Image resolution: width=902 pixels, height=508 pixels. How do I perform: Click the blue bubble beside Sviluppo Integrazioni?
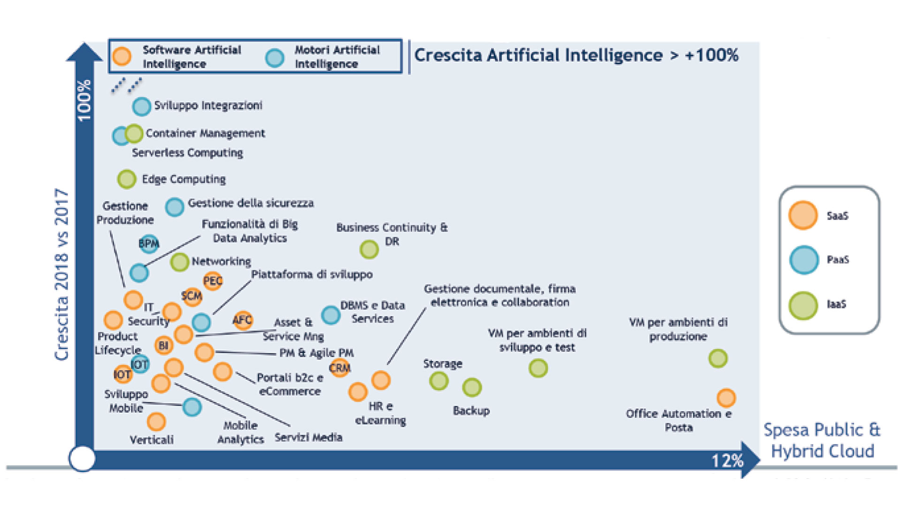pos(141,107)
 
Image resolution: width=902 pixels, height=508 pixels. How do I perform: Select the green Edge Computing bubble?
pos(126,179)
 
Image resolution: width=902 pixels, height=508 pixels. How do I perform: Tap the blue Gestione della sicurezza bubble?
pos(175,207)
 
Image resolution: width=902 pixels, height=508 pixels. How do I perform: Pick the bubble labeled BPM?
pos(149,243)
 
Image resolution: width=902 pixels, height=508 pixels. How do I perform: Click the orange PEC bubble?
pos(212,281)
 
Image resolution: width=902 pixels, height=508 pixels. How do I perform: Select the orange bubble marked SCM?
pos(192,296)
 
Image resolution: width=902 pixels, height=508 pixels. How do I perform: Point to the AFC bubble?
pos(243,320)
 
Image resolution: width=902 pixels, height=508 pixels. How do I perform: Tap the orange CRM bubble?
pos(339,367)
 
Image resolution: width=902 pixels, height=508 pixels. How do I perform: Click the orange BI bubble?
pos(163,345)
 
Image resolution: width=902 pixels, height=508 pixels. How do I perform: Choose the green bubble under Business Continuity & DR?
pos(369,250)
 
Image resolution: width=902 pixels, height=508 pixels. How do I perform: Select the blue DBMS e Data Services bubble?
pos(331,315)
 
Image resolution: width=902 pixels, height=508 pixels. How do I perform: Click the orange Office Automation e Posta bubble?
pos(726,398)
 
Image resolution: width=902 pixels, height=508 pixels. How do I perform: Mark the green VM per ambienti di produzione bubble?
pos(717,359)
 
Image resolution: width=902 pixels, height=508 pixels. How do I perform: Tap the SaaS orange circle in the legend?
pos(803,216)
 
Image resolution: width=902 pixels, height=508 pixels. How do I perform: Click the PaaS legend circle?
pos(804,260)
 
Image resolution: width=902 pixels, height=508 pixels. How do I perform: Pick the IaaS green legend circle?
pos(803,305)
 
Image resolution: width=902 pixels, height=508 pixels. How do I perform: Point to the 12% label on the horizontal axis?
pos(727,461)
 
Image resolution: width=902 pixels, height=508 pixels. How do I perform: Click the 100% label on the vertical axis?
pos(84,100)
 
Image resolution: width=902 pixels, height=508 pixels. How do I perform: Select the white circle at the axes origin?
pos(82,458)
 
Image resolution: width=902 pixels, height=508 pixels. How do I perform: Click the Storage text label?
pos(442,364)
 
